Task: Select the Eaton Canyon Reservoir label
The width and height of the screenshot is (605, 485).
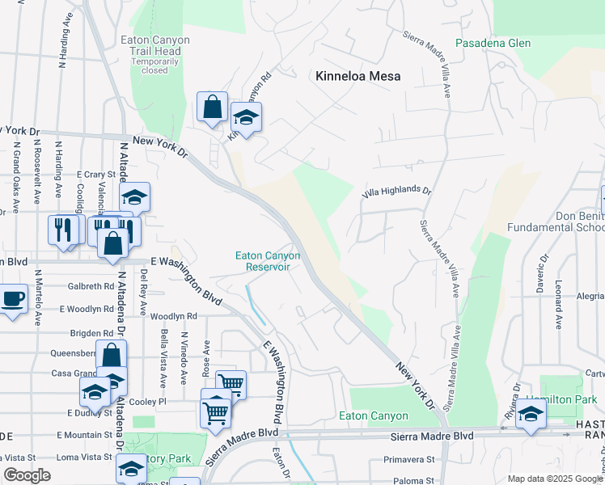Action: click(268, 261)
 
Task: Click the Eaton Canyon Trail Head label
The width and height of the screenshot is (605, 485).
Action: click(154, 50)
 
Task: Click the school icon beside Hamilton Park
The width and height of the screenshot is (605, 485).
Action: click(531, 415)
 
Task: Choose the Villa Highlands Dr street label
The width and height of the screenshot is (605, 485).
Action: click(396, 191)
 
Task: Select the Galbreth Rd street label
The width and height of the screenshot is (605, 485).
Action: click(91, 286)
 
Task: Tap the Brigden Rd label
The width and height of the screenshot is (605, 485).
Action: click(91, 332)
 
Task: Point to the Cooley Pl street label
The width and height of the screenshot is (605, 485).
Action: click(150, 402)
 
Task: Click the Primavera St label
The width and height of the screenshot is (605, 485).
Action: click(409, 458)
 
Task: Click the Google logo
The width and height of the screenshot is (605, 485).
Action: click(27, 476)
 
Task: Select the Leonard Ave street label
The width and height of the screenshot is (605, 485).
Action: click(559, 305)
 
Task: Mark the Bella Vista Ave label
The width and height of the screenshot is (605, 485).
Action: click(163, 358)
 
